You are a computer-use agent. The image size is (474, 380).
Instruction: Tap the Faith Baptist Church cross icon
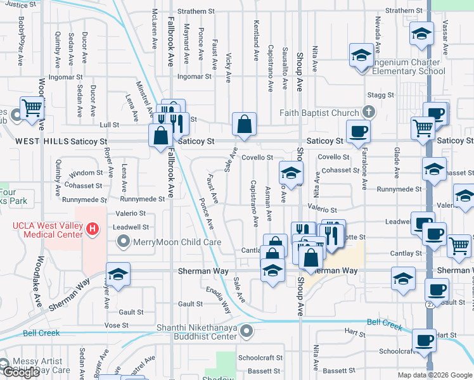pyautogui.click(x=367, y=113)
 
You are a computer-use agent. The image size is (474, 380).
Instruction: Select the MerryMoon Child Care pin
pyautogui.click(x=124, y=241)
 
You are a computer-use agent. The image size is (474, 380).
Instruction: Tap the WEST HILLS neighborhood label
pyautogui.click(x=42, y=141)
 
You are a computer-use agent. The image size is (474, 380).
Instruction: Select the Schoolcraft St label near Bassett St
pyautogui.click(x=260, y=357)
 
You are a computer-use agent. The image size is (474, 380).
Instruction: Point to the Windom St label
pyautogui.click(x=86, y=173)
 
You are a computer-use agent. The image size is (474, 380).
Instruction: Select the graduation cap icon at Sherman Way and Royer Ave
pyautogui.click(x=118, y=275)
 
